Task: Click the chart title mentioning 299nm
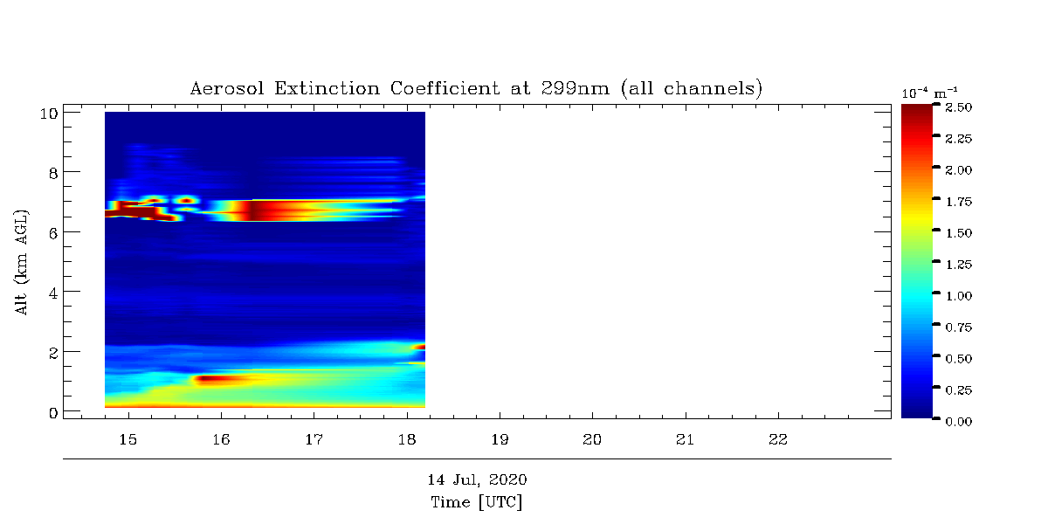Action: pos(477,89)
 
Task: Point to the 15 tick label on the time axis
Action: pos(128,439)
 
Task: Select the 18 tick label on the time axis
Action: pos(406,439)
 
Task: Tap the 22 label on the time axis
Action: pos(777,439)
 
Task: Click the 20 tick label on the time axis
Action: pos(592,439)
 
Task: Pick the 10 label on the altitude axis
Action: pos(48,113)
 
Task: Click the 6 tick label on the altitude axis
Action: pos(52,232)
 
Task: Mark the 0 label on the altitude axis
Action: pos(52,411)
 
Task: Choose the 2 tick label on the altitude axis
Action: pos(52,352)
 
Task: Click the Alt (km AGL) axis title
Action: pos(23,262)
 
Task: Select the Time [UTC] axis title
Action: pos(477,502)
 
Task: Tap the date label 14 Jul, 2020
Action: pos(477,480)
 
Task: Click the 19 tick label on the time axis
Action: pos(500,439)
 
